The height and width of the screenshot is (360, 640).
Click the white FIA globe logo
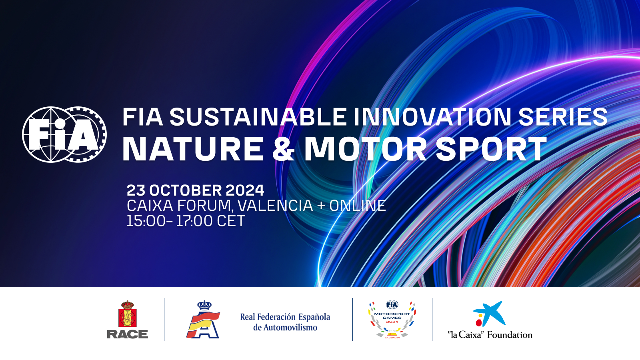point(64,134)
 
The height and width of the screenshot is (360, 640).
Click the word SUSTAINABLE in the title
point(258,117)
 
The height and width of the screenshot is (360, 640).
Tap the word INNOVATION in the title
point(432,117)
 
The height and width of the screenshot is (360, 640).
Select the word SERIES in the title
point(562,117)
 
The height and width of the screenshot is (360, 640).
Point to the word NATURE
point(193,148)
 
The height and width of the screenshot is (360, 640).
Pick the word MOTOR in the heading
point(366,148)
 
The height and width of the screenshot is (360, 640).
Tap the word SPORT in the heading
point(491,148)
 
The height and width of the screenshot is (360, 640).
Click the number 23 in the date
point(136,190)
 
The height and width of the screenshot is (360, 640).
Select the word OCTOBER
point(186,190)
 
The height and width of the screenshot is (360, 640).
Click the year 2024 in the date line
point(245,190)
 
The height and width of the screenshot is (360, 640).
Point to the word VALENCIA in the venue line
point(276,206)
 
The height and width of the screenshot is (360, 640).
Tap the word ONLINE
point(358,206)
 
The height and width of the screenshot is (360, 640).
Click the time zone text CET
point(231,221)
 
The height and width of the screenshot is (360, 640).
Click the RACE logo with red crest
point(128,320)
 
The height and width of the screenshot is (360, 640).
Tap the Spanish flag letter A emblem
point(203,320)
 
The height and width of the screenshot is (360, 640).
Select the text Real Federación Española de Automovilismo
point(285,322)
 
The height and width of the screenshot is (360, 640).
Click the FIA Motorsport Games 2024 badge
point(392,320)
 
